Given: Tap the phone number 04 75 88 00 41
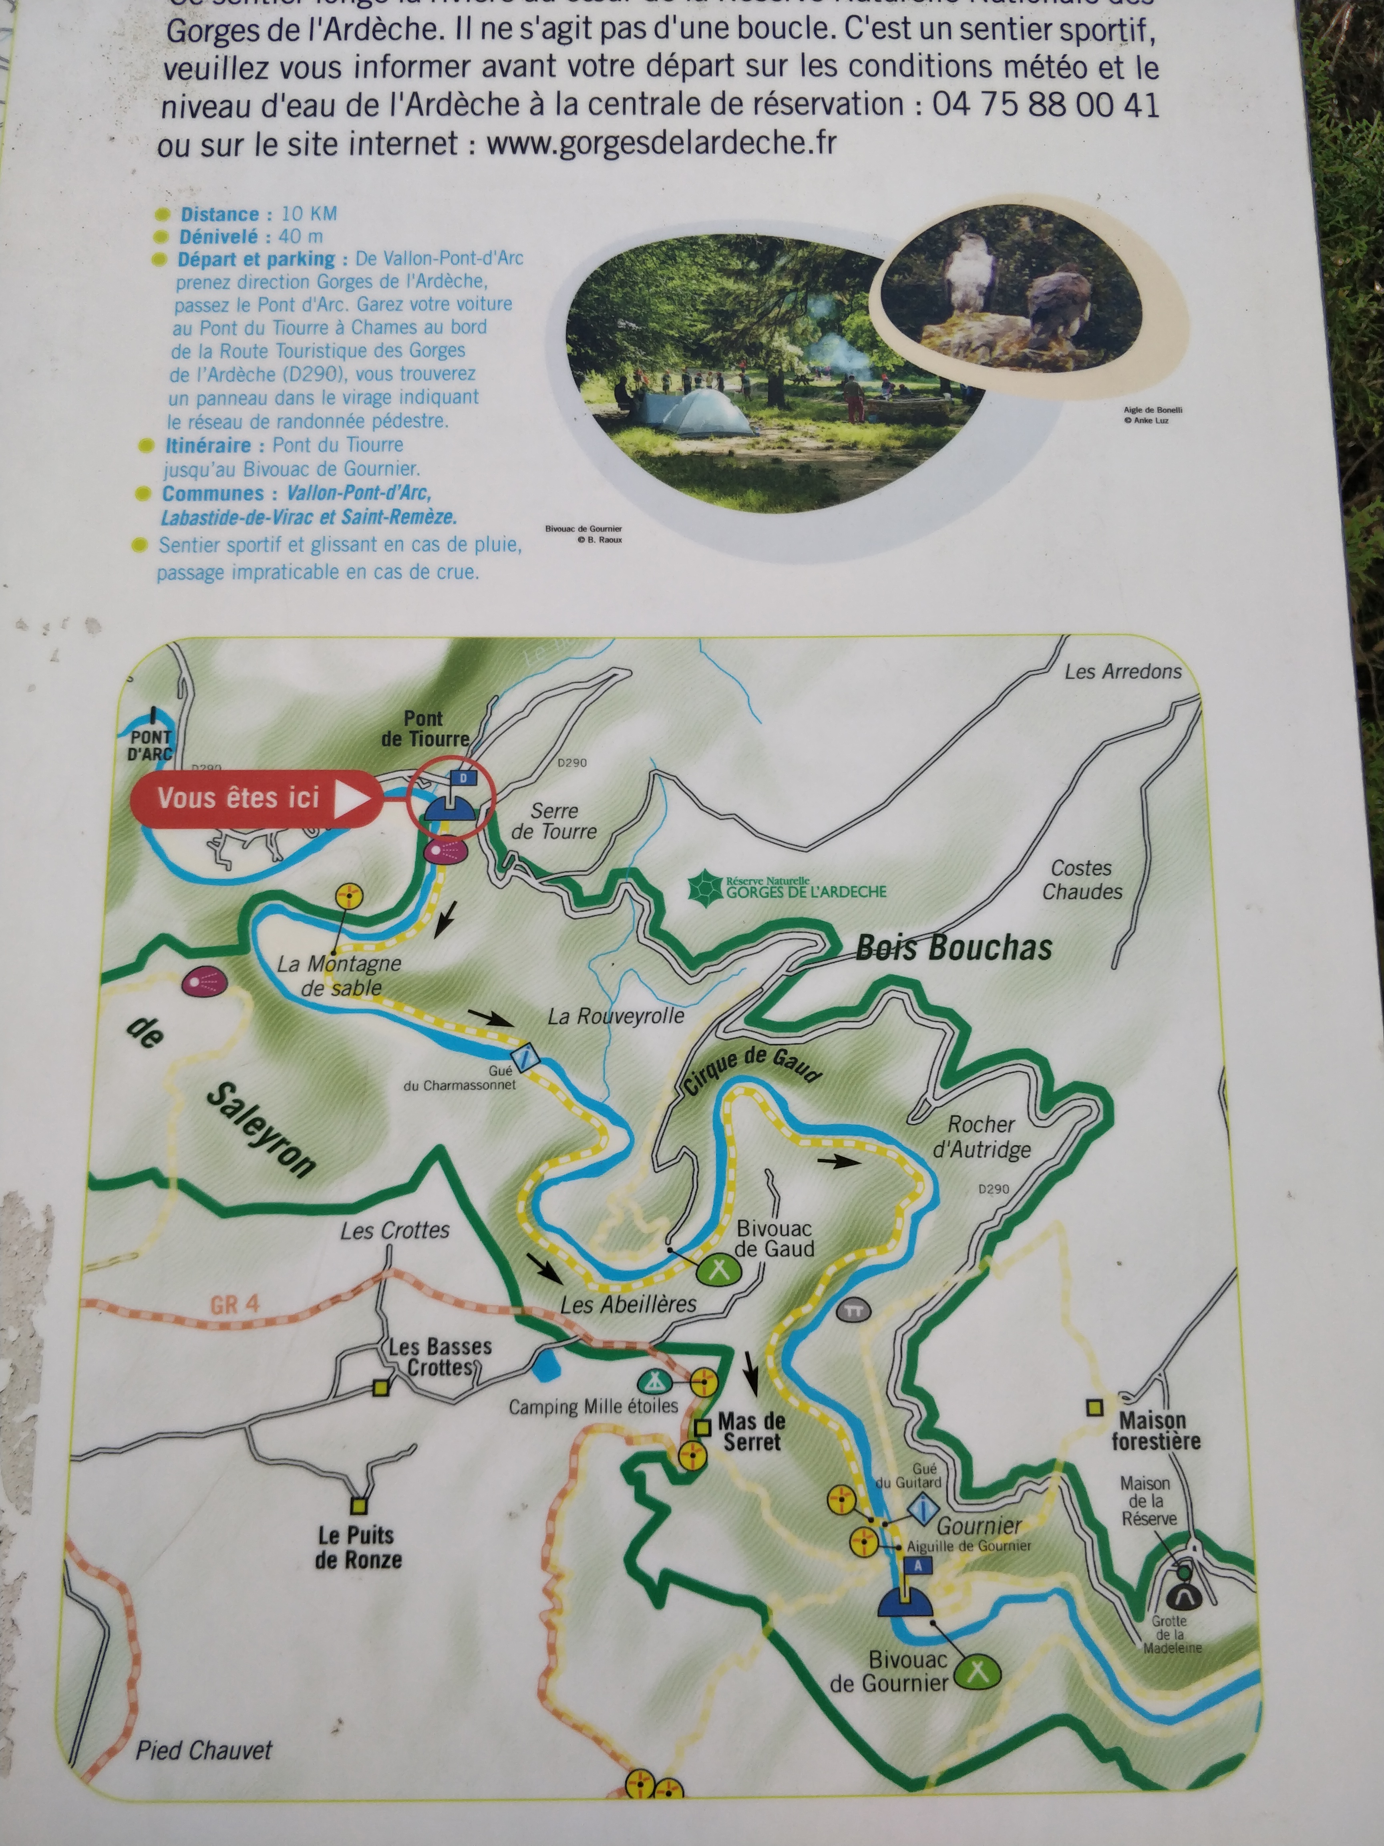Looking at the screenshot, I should tap(1045, 105).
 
